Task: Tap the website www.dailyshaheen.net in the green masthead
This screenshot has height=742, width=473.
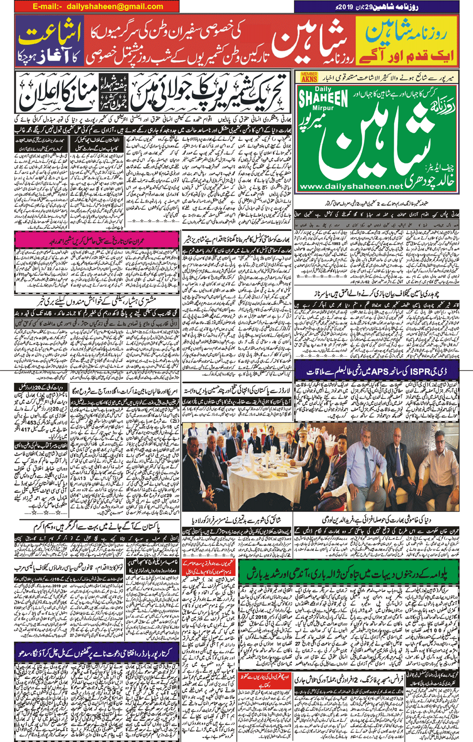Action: [x=351, y=186]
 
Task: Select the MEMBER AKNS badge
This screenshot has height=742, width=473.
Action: [x=309, y=77]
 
